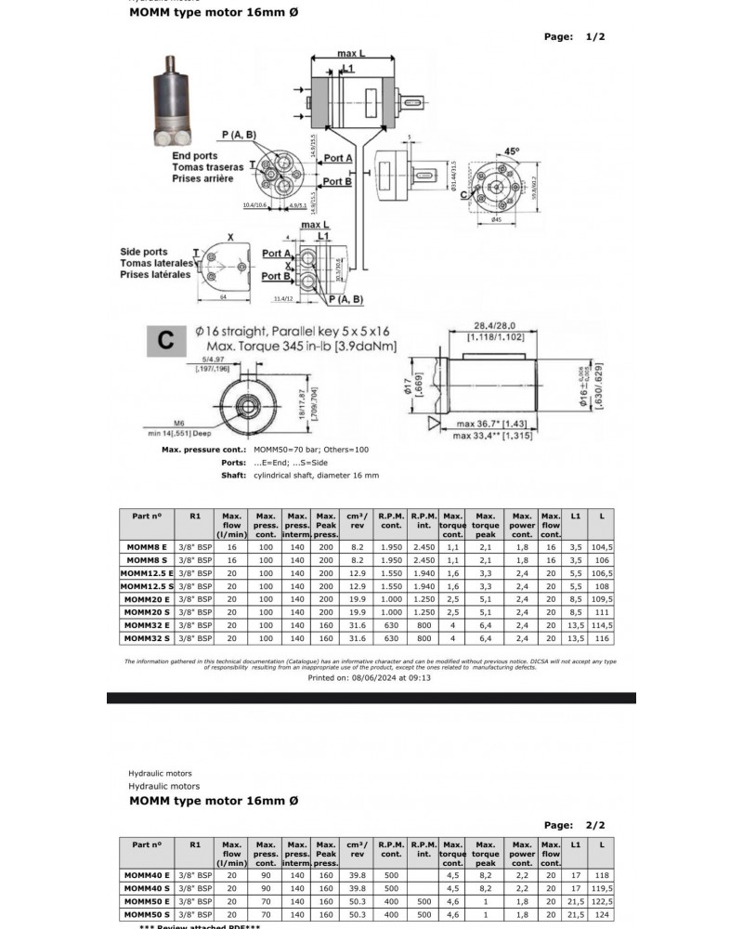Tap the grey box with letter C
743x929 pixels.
coord(166,340)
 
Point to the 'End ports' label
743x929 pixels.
coord(195,156)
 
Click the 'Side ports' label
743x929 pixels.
coord(144,252)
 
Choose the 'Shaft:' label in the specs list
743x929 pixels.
coord(233,476)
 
